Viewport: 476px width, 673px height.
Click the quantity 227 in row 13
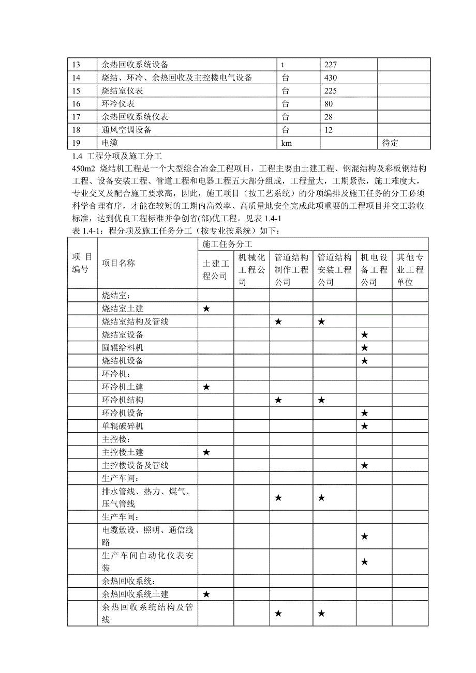pyautogui.click(x=331, y=65)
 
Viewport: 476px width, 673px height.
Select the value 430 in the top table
pyautogui.click(x=331, y=78)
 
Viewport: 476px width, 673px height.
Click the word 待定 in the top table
pyautogui.click(x=391, y=143)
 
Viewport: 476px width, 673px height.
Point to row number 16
pyautogui.click(x=77, y=103)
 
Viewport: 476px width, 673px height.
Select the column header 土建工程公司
pyautogui.click(x=215, y=269)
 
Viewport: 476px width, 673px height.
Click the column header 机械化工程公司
pyautogui.click(x=251, y=269)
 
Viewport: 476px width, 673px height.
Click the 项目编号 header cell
pyautogui.click(x=82, y=263)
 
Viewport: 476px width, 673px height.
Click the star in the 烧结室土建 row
pyautogui.click(x=206, y=309)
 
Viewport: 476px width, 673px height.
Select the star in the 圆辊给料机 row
pyautogui.click(x=364, y=348)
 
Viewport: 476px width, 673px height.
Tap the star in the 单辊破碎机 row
pyautogui.click(x=364, y=426)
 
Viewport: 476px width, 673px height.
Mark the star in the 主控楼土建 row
pyautogui.click(x=206, y=452)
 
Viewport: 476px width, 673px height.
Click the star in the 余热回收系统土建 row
pyautogui.click(x=206, y=594)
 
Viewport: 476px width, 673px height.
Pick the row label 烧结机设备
pyautogui.click(x=123, y=361)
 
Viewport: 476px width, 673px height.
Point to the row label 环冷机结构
pyautogui.click(x=123, y=400)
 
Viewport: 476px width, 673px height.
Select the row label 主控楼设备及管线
pyautogui.click(x=135, y=465)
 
